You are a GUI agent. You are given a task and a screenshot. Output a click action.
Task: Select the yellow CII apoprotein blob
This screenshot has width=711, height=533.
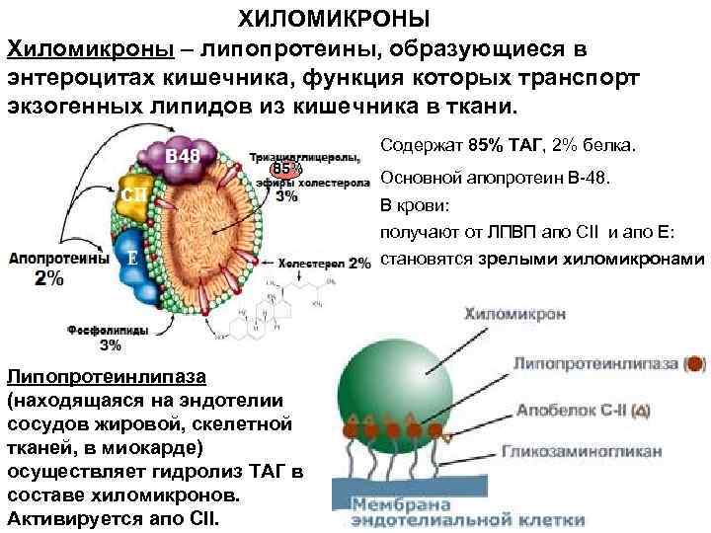tap(137, 195)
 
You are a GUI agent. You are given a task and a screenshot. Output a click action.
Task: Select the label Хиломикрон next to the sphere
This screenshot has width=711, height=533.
tap(513, 313)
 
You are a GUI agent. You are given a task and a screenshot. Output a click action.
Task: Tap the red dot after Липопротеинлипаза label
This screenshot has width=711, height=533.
tap(696, 363)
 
